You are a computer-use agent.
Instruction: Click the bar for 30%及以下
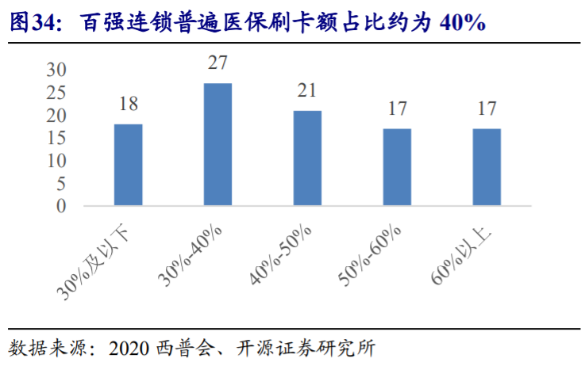[128, 165]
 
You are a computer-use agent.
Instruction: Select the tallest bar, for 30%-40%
[217, 144]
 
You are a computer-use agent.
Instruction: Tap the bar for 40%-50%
[307, 158]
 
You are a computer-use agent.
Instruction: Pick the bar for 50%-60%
[397, 167]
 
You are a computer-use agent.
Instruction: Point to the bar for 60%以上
[487, 167]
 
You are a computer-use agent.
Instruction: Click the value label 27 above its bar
[218, 63]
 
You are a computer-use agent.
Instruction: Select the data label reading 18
[129, 105]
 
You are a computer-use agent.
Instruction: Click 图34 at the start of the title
[33, 22]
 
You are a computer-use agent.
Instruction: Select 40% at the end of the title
[460, 22]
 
